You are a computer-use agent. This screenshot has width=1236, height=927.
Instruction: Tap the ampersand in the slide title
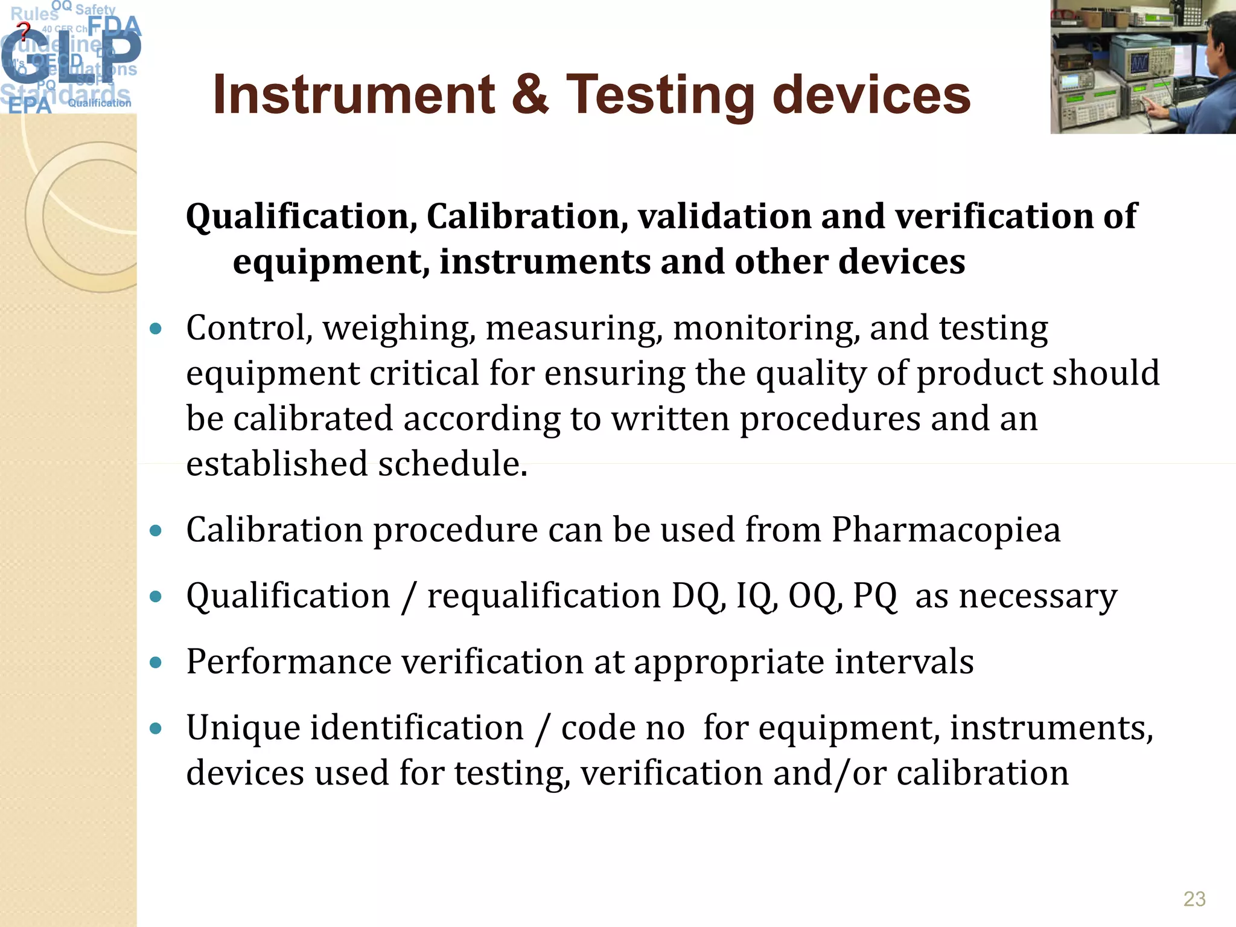(530, 95)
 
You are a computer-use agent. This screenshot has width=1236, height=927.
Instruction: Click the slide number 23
(1194, 899)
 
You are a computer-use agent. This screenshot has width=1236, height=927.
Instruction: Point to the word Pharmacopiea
(946, 530)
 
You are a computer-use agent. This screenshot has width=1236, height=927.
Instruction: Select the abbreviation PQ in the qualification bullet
(874, 597)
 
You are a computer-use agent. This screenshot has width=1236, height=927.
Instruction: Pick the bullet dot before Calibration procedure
(156, 531)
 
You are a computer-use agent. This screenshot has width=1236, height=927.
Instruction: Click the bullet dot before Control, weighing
(156, 329)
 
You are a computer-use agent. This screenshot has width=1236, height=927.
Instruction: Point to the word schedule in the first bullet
(453, 464)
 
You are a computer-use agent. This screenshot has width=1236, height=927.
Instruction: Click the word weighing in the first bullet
(398, 329)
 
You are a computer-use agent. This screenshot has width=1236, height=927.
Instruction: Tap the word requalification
(544, 597)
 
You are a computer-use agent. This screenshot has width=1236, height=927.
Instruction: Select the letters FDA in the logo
(115, 27)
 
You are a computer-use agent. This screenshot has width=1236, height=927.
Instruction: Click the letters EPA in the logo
(30, 106)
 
